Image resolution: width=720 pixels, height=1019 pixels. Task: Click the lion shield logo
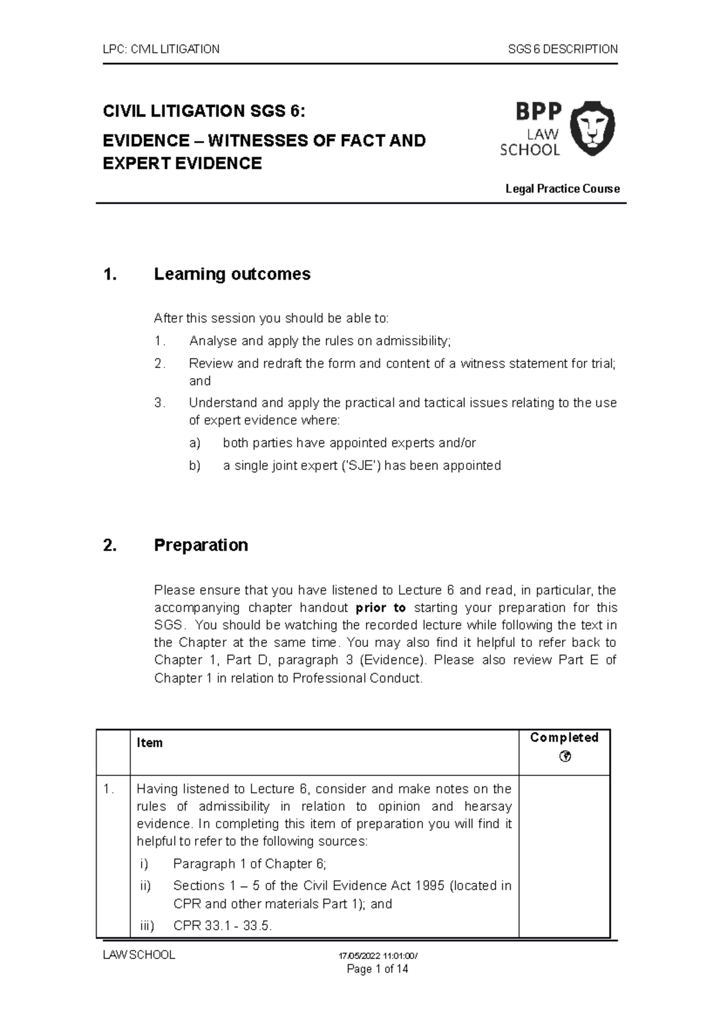592,128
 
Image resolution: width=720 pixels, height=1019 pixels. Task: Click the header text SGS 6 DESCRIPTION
562,49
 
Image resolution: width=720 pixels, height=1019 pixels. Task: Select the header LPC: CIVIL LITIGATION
161,49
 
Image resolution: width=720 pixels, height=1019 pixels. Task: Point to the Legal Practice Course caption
562,189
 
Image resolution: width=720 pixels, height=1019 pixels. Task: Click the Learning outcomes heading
232,274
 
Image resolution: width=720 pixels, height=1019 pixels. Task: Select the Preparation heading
200,545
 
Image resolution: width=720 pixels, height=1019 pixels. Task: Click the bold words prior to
381,608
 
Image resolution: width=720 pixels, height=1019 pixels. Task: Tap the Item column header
149,743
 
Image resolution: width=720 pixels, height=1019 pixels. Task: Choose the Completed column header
564,738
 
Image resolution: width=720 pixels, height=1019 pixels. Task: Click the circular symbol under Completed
564,757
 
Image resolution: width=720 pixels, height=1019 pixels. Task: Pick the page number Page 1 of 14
378,969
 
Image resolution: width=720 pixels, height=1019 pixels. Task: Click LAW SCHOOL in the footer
139,955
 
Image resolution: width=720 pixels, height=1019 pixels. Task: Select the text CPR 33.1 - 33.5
223,926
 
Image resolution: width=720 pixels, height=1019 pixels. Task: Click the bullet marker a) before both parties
194,443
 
